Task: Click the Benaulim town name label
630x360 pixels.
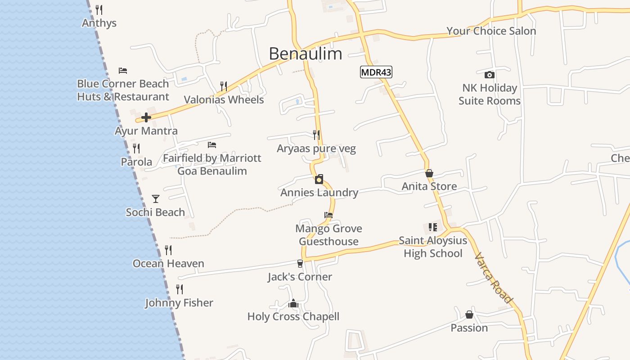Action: coord(306,54)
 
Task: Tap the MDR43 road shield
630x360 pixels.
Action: coord(376,72)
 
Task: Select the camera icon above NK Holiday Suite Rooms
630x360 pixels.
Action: coord(490,75)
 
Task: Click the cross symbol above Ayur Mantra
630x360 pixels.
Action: coord(146,118)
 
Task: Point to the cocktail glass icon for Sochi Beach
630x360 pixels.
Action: coord(156,198)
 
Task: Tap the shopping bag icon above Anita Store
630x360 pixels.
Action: coord(429,173)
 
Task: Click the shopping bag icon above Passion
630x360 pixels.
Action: coord(469,315)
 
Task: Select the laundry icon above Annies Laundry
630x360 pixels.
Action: coord(319,180)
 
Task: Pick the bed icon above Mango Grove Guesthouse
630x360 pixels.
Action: coord(328,215)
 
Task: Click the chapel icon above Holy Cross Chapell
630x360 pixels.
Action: coord(293,304)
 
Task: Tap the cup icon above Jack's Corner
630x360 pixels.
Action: coord(300,264)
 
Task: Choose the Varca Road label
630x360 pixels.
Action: coord(494,278)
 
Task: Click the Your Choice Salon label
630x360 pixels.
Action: coord(491,31)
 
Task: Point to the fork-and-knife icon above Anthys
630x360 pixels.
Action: coord(99,10)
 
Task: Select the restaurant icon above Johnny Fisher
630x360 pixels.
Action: coord(180,289)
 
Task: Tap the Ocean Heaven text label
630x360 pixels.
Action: coord(168,264)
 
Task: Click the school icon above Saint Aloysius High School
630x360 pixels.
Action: coord(433,227)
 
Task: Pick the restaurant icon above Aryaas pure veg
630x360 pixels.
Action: coord(316,135)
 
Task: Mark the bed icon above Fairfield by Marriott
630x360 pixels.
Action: coord(212,145)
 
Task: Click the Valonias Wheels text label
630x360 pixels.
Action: coord(224,99)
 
